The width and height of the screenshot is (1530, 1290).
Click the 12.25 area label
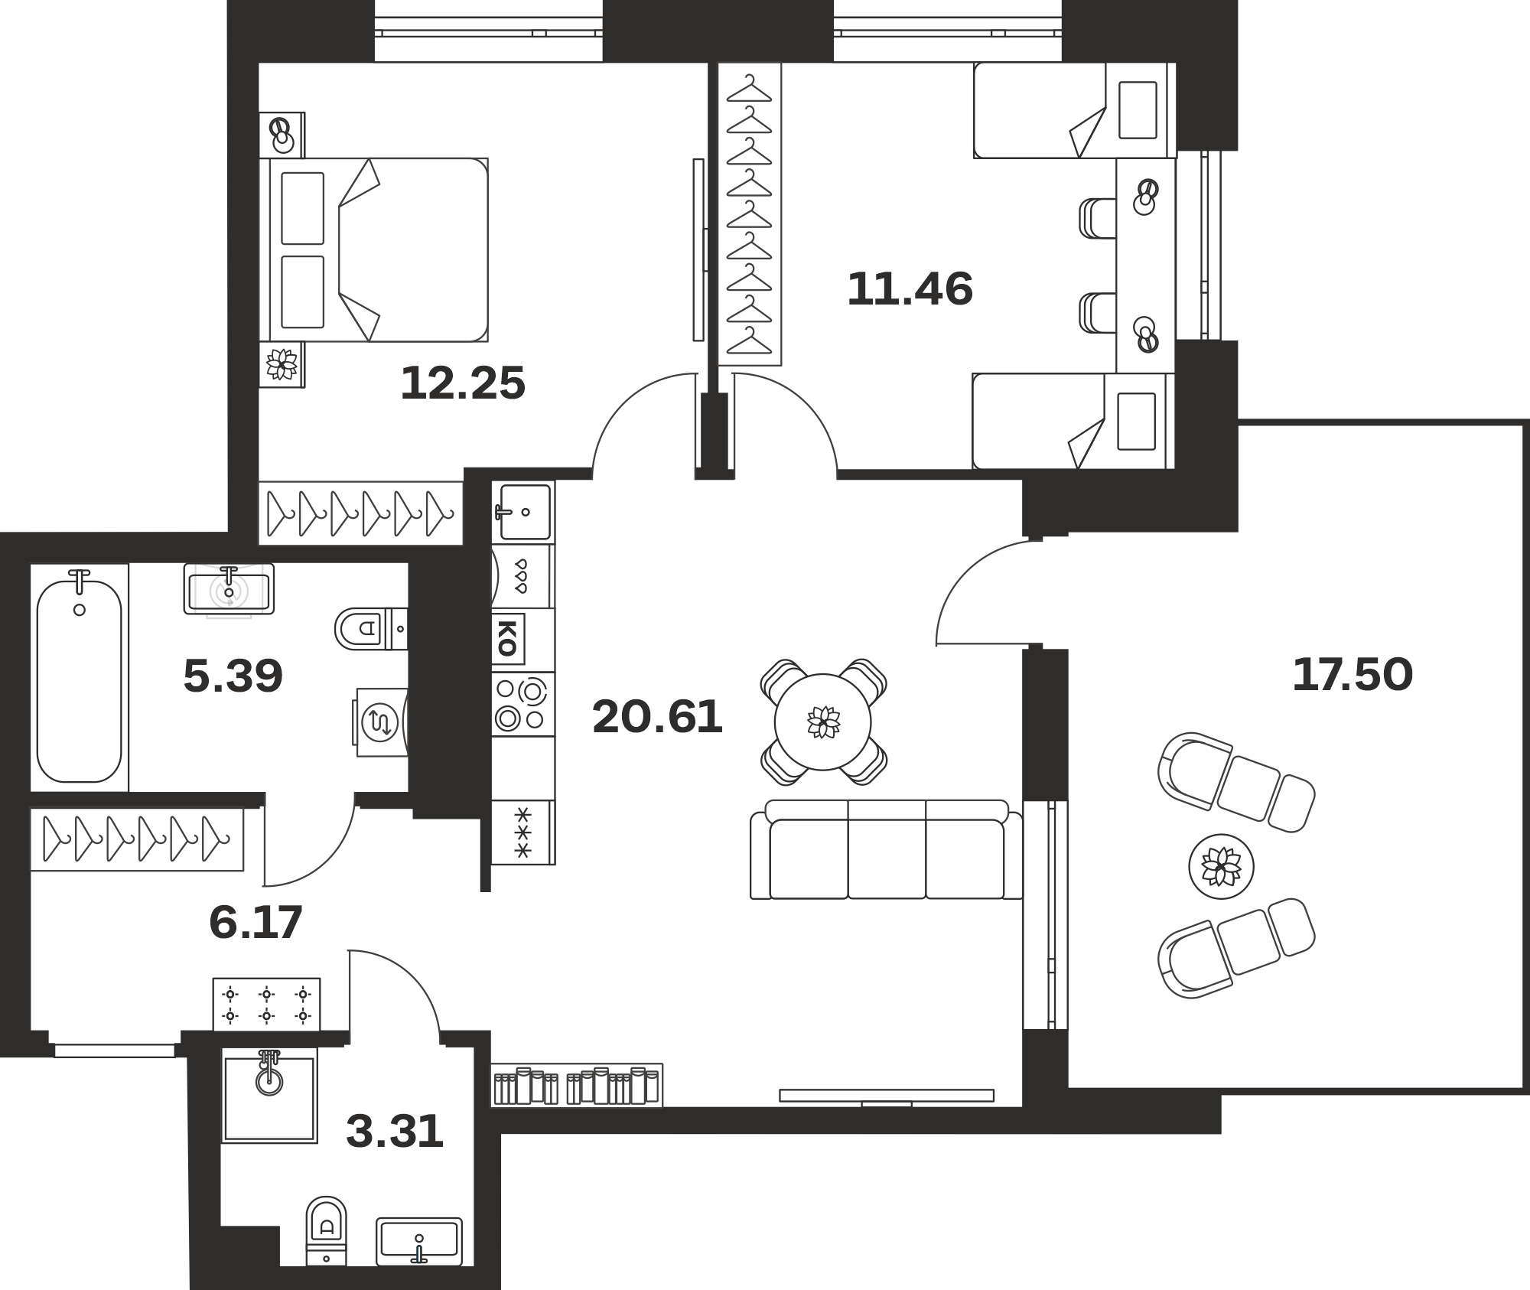click(463, 383)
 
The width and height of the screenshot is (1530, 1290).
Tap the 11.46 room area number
click(910, 289)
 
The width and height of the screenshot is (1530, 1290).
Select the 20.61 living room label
click(657, 718)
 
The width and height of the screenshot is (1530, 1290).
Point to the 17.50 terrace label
click(1352, 675)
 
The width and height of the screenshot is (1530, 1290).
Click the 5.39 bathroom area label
click(233, 676)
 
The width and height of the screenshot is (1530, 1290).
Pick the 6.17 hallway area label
click(256, 922)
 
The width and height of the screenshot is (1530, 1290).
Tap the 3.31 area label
click(395, 1132)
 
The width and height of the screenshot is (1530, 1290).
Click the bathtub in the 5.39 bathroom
click(80, 677)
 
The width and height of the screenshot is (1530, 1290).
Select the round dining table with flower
click(823, 722)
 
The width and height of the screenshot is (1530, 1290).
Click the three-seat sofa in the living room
click(887, 849)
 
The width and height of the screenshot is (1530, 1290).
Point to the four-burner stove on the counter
click(522, 705)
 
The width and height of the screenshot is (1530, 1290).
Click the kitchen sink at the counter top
click(525, 512)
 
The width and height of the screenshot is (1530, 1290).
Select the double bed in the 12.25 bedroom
click(374, 249)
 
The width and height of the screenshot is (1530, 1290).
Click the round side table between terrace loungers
click(1221, 867)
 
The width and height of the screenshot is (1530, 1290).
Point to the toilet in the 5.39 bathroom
click(371, 629)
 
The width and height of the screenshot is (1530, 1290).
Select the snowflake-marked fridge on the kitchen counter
click(523, 832)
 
